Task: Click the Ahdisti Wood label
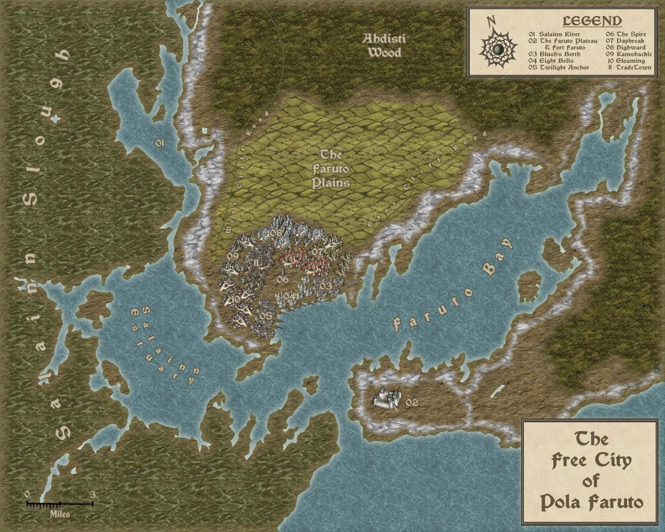point(384,46)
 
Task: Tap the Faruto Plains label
point(330,169)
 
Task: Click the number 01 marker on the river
point(159,143)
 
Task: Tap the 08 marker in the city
point(276,233)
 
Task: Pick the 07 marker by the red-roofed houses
point(317,252)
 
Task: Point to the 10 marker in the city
point(236,299)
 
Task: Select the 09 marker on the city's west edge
point(232,256)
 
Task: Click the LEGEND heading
point(592,21)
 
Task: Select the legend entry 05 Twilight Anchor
point(558,68)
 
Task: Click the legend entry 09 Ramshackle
point(629,54)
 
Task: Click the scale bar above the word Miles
point(60,503)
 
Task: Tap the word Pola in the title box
point(562,502)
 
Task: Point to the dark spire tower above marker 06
point(283,268)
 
